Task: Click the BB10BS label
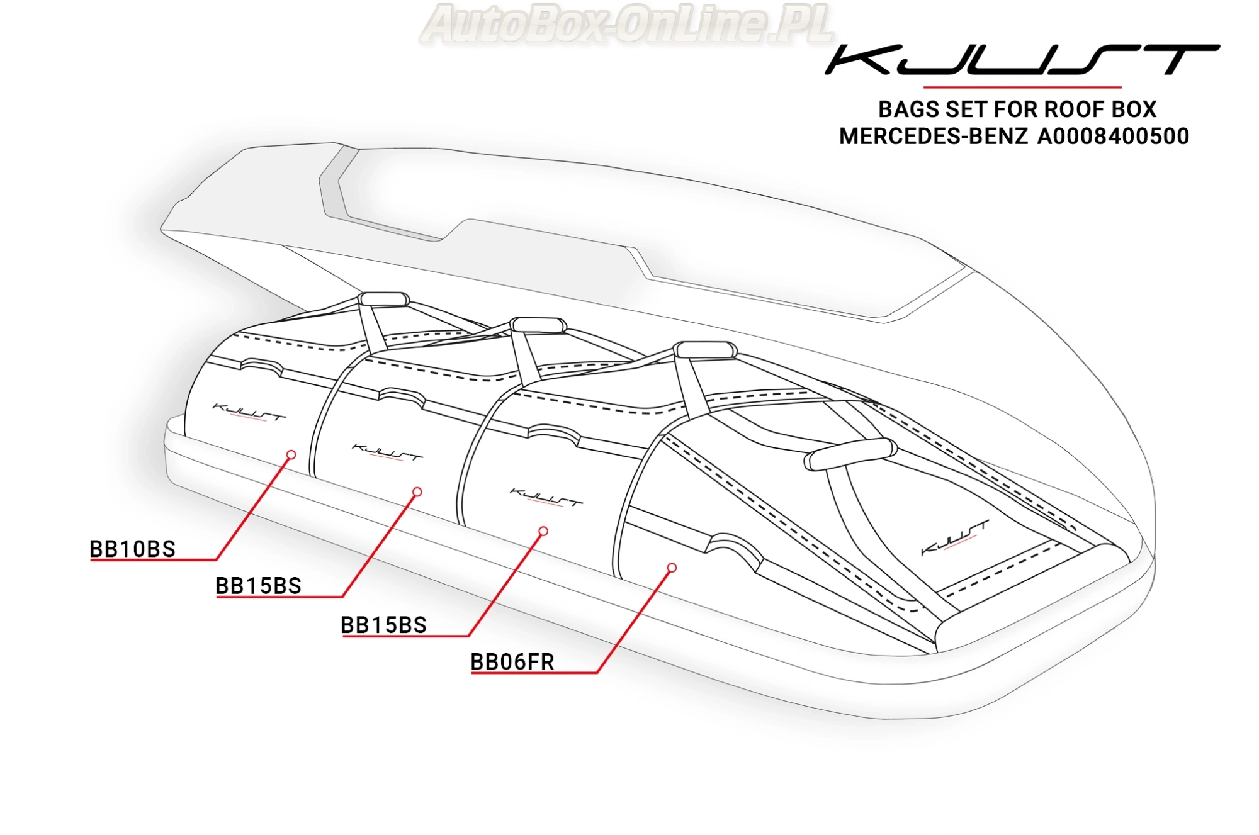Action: click(132, 549)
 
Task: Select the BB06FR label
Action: click(512, 662)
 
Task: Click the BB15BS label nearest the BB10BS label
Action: click(258, 586)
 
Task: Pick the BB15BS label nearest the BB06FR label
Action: click(383, 625)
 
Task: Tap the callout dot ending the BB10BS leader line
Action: click(291, 454)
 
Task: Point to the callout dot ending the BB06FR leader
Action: click(672, 568)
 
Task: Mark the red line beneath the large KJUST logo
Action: click(1022, 87)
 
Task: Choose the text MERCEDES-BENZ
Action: click(933, 137)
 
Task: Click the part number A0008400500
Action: click(1113, 137)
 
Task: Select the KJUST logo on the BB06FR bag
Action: click(954, 537)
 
